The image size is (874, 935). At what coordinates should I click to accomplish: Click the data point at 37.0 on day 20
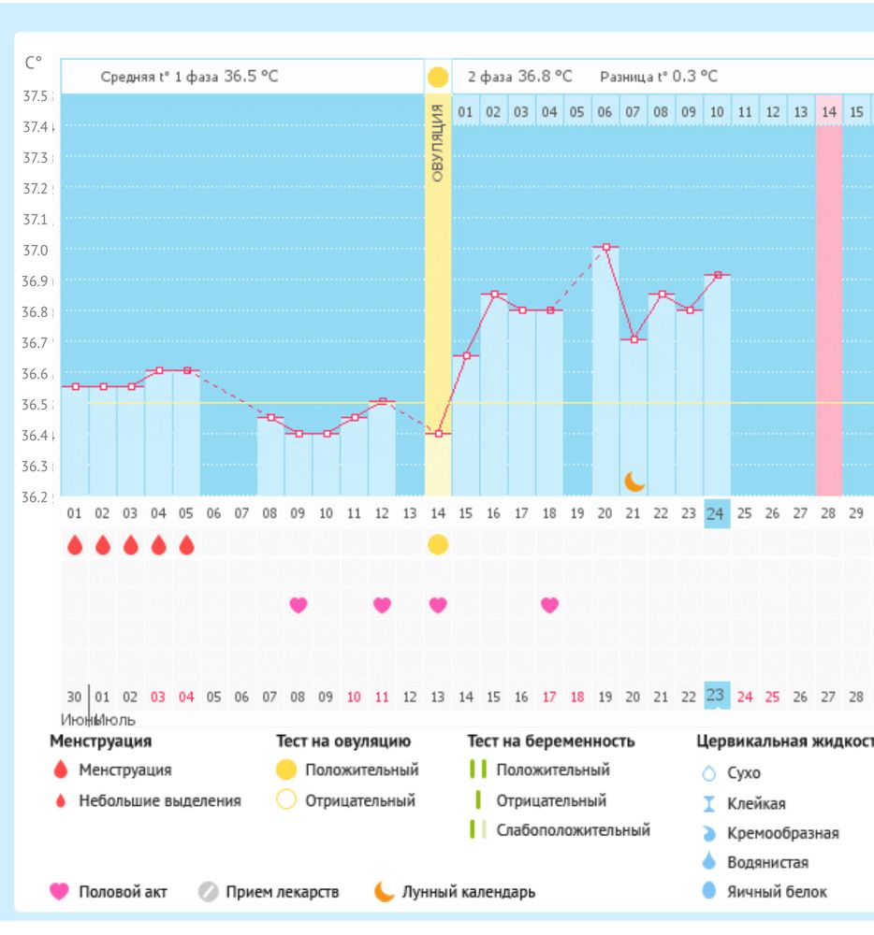606,247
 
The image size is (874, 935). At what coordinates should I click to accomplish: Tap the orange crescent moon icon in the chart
635,481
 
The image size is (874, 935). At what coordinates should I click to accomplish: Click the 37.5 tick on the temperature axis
38,96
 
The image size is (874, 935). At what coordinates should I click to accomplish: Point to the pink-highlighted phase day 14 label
828,112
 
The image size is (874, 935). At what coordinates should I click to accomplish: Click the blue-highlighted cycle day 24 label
716,513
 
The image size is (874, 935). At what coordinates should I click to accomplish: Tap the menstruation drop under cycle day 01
74,544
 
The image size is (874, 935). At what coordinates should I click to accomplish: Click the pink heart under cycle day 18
549,605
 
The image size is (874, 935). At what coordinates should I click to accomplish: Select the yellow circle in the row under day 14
438,544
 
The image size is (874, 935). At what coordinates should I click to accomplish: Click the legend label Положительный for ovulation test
362,770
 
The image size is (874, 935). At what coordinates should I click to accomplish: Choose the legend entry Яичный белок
777,892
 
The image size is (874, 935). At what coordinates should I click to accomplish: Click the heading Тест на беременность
550,741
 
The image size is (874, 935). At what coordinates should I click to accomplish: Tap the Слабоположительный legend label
573,830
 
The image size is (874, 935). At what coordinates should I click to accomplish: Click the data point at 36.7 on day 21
634,339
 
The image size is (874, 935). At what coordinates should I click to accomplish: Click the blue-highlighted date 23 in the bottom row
716,696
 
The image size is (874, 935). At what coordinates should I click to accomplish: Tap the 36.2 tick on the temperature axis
38,496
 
